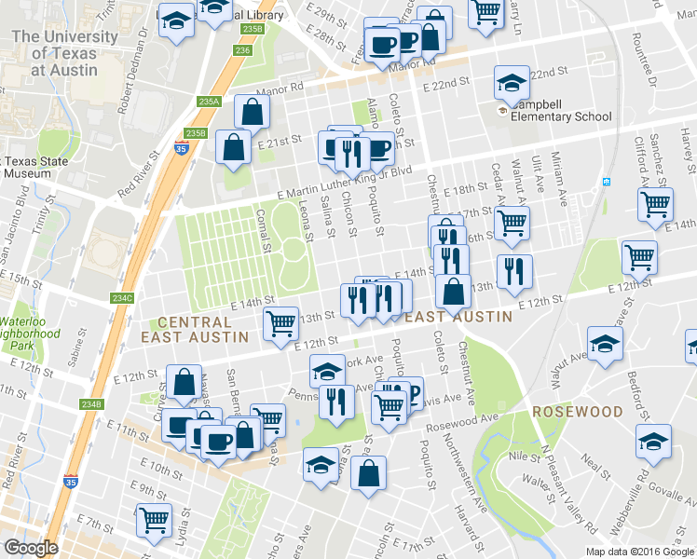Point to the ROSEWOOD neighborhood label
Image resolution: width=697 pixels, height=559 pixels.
click(x=577, y=411)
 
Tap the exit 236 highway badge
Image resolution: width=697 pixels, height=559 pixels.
click(x=243, y=50)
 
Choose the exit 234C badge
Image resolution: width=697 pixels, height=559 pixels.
click(x=122, y=298)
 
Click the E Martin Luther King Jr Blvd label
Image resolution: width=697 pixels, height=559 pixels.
click(x=345, y=181)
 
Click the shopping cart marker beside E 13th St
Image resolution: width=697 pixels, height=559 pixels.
click(x=280, y=323)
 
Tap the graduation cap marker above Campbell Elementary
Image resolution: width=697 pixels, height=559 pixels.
click(x=511, y=84)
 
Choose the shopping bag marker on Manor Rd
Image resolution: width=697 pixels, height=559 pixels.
click(x=253, y=112)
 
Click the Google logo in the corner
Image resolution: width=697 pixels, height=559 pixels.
click(x=31, y=548)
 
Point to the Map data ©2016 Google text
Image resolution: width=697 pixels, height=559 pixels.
click(x=639, y=552)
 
